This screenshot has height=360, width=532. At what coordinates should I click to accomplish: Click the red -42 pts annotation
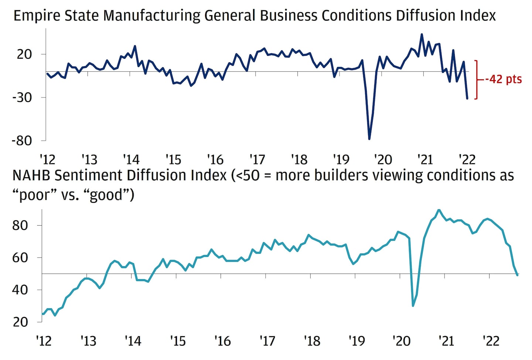[503, 79]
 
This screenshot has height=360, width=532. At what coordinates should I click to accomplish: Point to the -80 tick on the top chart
[22, 141]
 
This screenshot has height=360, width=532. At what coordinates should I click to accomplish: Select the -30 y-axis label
[22, 97]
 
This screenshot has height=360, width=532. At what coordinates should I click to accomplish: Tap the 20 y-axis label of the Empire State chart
[24, 54]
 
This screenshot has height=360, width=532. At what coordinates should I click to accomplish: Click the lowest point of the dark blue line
[369, 139]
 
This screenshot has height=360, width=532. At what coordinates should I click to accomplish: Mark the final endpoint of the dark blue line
[467, 99]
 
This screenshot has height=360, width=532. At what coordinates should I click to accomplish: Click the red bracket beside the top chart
[477, 79]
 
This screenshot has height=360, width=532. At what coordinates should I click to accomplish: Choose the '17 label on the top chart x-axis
[257, 160]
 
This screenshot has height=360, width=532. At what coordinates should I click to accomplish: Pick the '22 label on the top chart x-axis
[467, 160]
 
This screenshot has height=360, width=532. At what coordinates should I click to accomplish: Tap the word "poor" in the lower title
[34, 195]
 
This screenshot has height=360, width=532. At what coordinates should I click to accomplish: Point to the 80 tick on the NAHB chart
[20, 225]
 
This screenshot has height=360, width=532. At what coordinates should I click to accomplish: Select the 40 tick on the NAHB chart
[20, 290]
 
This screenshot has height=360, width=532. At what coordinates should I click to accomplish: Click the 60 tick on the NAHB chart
[20, 258]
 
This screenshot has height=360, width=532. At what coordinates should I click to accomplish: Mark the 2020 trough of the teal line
[413, 306]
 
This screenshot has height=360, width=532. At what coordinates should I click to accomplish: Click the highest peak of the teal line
[439, 210]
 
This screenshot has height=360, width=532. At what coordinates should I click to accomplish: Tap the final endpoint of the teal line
[517, 275]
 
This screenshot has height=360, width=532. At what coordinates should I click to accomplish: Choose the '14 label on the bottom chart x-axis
[133, 341]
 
